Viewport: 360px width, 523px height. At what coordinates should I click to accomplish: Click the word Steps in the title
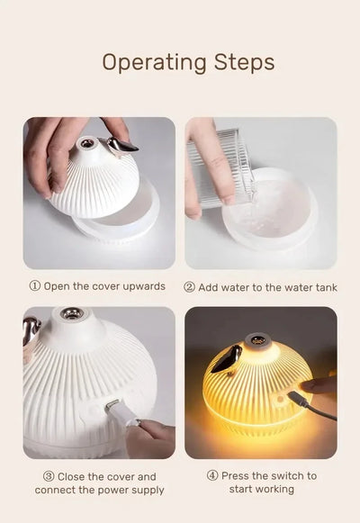click(242, 62)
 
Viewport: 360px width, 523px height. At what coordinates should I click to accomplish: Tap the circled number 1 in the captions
click(35, 286)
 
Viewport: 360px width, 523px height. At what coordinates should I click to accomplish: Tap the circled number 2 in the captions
click(190, 286)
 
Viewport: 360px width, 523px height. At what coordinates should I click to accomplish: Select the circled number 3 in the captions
click(49, 476)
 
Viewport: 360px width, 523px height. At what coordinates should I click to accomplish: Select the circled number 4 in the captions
click(211, 475)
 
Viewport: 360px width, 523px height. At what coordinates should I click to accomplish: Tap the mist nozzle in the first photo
click(86, 143)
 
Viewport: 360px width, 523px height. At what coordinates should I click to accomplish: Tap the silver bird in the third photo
click(31, 331)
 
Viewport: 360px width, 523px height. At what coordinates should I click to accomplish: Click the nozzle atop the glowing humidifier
click(258, 340)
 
